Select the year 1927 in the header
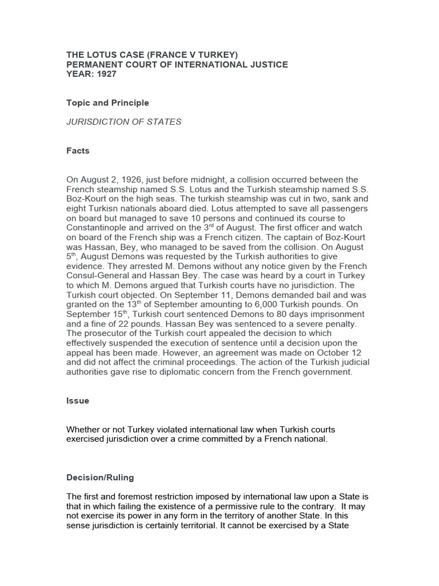click(x=104, y=74)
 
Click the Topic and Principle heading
click(x=107, y=103)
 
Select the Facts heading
click(x=78, y=151)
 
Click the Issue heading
click(x=78, y=401)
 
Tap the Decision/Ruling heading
click(x=100, y=477)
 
